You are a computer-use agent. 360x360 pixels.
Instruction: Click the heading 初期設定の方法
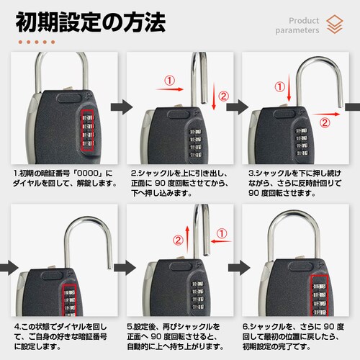click(91, 22)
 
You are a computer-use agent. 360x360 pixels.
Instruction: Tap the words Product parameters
click(297, 25)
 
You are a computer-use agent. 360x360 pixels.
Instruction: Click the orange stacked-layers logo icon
click(335, 24)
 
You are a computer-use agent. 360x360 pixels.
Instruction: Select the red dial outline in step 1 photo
click(87, 130)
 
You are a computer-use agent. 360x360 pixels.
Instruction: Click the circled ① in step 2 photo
click(169, 81)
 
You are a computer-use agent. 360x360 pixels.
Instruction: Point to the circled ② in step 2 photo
click(223, 96)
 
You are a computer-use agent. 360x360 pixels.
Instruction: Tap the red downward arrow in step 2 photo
click(214, 96)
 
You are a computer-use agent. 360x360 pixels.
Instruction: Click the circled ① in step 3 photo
click(279, 87)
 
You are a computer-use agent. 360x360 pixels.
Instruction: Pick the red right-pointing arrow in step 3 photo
click(326, 114)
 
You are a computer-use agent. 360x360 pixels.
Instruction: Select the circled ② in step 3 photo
click(325, 122)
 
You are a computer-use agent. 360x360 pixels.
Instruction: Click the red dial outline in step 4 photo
click(69, 300)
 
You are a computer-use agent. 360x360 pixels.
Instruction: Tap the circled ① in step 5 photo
click(222, 233)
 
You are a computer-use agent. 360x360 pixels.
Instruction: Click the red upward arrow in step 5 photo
click(187, 239)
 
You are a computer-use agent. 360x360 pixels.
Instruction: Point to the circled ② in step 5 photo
click(178, 240)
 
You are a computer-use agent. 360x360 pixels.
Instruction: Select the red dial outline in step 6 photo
click(319, 295)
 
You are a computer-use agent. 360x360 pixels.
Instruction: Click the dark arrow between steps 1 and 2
click(122, 107)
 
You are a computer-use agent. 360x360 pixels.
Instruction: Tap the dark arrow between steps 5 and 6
click(239, 268)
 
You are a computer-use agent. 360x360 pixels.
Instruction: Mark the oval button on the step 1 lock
click(69, 99)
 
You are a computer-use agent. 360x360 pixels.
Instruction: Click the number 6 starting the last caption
click(245, 327)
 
